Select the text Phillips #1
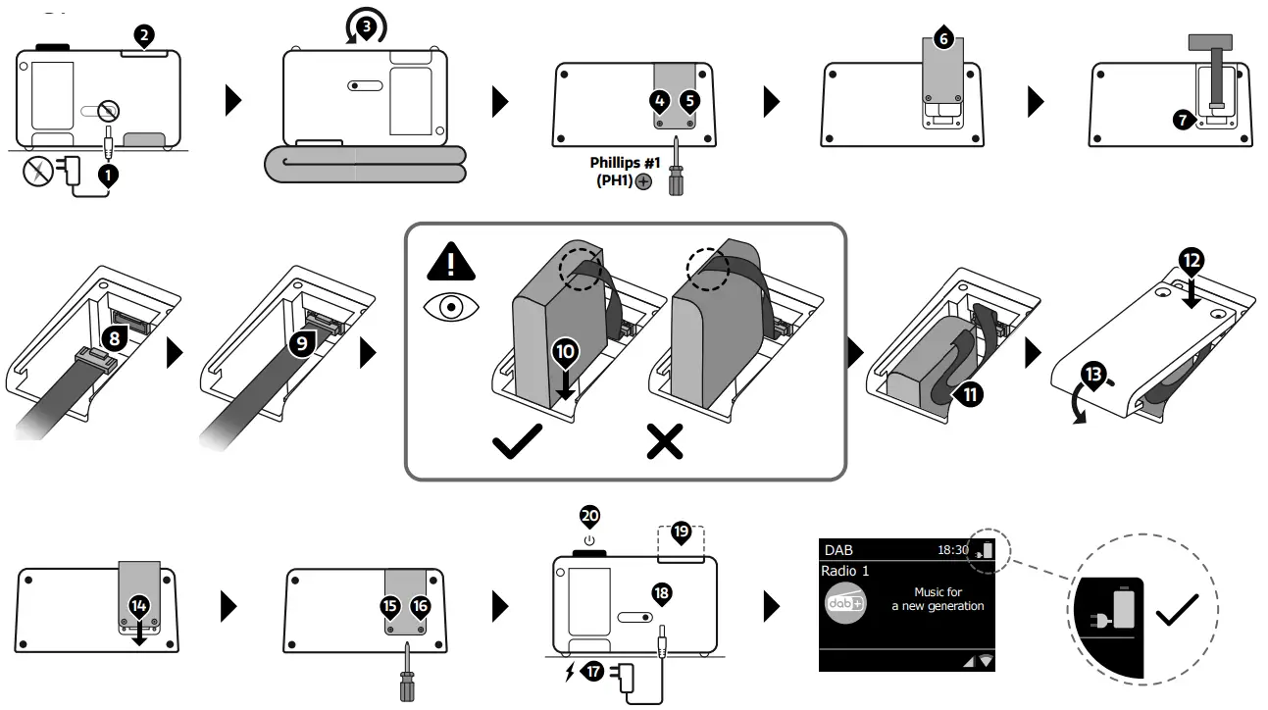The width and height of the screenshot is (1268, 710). pyautogui.click(x=625, y=163)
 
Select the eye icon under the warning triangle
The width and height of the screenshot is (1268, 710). pyautogui.click(x=450, y=307)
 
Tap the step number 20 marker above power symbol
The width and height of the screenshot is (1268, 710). pyautogui.click(x=589, y=517)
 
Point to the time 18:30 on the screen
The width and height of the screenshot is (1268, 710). pyautogui.click(x=953, y=551)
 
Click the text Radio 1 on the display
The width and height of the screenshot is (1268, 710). pyautogui.click(x=845, y=571)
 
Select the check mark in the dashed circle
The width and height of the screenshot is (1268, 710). pyautogui.click(x=1178, y=614)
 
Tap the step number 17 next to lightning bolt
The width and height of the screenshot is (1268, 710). pyautogui.click(x=591, y=672)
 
